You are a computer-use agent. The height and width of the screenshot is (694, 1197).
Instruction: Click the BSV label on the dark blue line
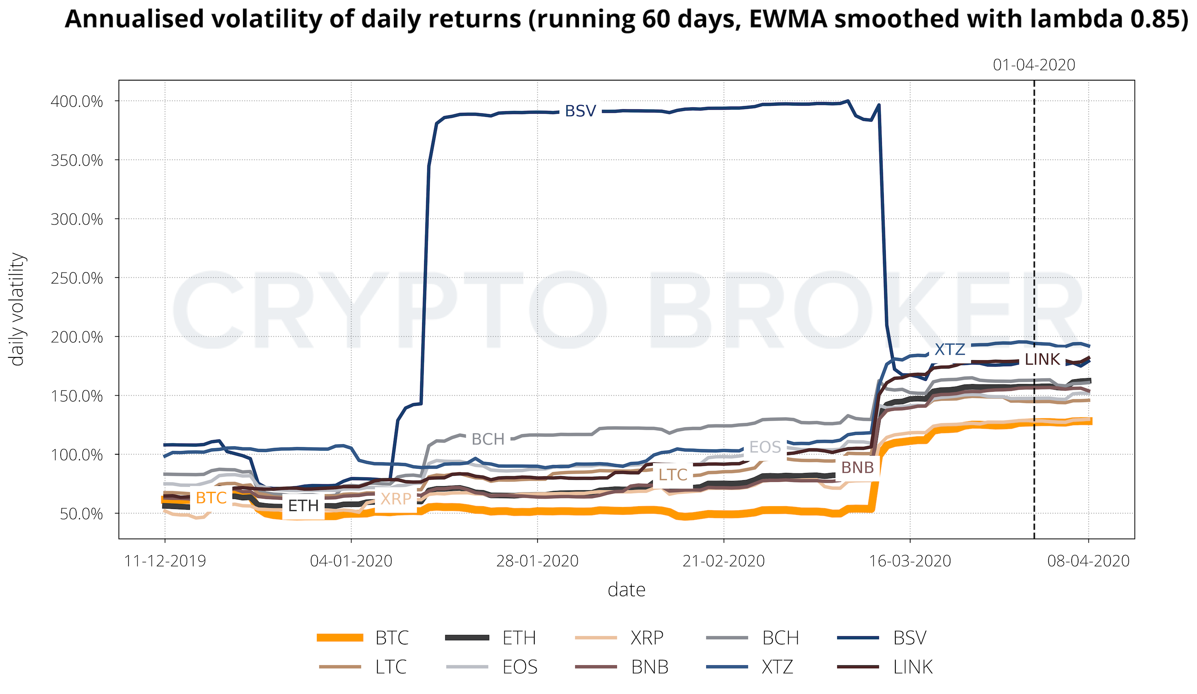580,111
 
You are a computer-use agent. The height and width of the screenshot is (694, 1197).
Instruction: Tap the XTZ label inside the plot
950,349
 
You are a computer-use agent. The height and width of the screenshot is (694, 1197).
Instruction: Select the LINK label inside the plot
1042,359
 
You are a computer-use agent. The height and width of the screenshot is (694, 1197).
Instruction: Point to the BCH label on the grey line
488,439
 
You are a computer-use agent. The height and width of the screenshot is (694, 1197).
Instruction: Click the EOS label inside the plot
765,447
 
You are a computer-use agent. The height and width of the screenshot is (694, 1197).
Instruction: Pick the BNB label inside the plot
857,467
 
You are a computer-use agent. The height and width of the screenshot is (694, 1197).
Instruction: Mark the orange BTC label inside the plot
211,498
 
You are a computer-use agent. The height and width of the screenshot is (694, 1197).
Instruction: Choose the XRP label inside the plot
396,499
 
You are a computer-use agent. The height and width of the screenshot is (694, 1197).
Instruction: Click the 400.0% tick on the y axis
77,101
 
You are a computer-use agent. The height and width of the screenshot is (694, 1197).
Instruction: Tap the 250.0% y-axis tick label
77,278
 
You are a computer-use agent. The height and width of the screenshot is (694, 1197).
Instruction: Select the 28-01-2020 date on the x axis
537,561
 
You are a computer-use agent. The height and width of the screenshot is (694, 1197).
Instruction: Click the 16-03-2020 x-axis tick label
910,561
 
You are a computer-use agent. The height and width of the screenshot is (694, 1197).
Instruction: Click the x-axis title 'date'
626,590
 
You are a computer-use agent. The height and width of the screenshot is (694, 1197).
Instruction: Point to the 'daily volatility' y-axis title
17,309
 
